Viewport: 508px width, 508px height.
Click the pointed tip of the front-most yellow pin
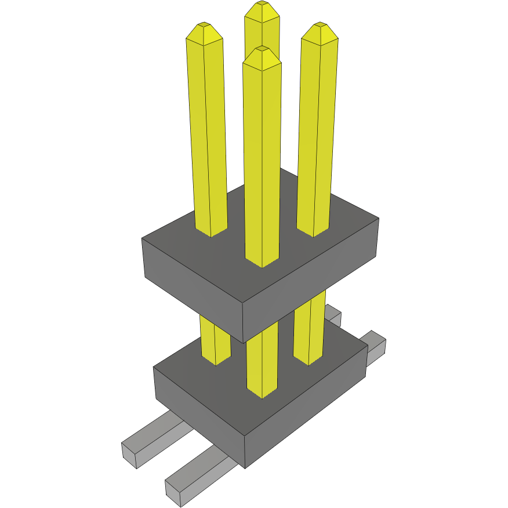(x=262, y=50)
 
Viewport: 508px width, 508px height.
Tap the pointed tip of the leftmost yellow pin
(x=204, y=27)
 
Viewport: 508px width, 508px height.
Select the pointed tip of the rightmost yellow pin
(x=320, y=27)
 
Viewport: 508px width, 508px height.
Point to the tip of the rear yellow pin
(x=262, y=5)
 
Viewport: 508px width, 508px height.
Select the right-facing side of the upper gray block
(x=313, y=284)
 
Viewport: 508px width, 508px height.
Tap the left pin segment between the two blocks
(x=215, y=342)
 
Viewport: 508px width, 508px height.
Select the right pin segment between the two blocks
(x=308, y=336)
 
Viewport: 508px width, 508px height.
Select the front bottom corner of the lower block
(x=245, y=467)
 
